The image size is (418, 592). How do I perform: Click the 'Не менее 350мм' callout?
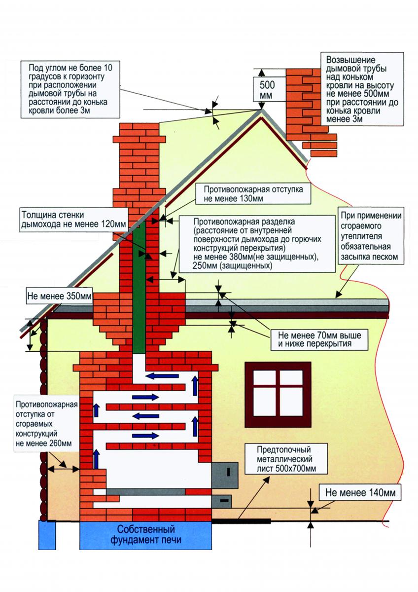point(59,296)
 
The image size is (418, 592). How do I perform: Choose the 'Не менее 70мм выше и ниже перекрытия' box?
point(319,339)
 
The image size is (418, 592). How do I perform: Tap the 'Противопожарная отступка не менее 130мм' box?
point(253,194)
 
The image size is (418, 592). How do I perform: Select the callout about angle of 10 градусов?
point(70,90)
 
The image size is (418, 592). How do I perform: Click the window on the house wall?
point(278,396)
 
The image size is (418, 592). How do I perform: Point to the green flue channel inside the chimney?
point(139,287)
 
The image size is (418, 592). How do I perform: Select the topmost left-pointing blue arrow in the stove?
point(162,376)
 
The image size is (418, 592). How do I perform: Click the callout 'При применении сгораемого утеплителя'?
point(371,236)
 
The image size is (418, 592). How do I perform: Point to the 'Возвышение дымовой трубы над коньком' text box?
point(362,89)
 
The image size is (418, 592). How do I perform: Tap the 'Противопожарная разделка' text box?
point(257,243)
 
